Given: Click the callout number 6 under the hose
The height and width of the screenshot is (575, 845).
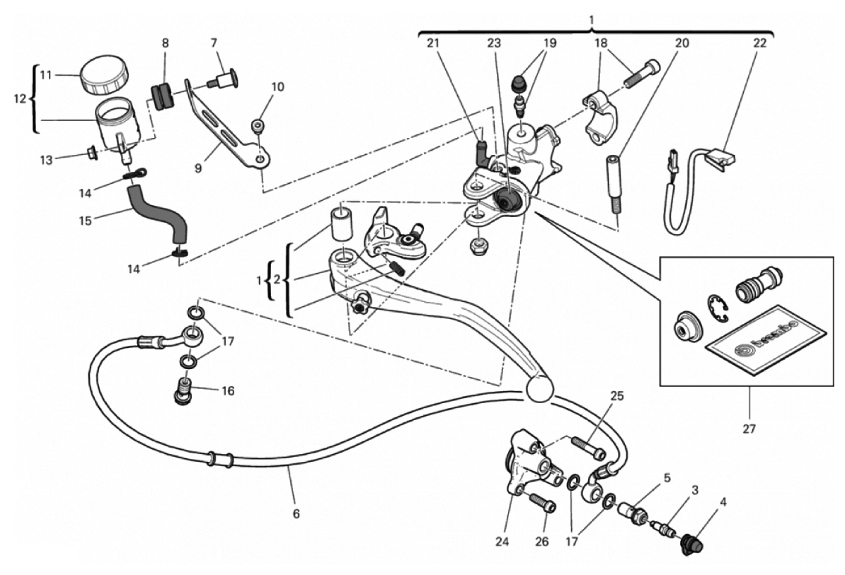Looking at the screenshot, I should [x=296, y=514].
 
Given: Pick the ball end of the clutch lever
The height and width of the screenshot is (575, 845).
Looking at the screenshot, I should [x=540, y=388].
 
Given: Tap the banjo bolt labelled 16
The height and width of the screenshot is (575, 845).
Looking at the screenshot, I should [x=183, y=392].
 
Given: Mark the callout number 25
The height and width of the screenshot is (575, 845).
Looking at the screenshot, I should [x=617, y=396].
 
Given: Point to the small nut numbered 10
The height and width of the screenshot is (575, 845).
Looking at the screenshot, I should [x=258, y=127].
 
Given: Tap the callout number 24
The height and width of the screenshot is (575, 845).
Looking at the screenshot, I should [x=502, y=543].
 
